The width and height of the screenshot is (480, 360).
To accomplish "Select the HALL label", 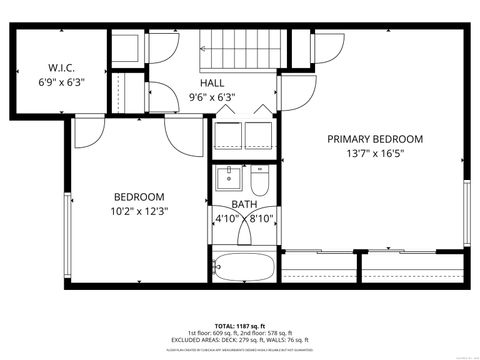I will pos(212,82).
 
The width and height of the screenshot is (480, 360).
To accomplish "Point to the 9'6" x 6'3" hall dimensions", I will pos(212,97).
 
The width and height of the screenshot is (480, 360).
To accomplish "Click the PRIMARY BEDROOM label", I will pos(375,139).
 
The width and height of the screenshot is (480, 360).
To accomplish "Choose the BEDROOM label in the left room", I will pos(138,196).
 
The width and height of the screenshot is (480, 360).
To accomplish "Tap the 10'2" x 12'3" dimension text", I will pos(138,211).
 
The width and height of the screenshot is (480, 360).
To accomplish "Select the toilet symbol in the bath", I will pos(260,182).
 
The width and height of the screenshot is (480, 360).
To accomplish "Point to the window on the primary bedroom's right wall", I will pos(467,213).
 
